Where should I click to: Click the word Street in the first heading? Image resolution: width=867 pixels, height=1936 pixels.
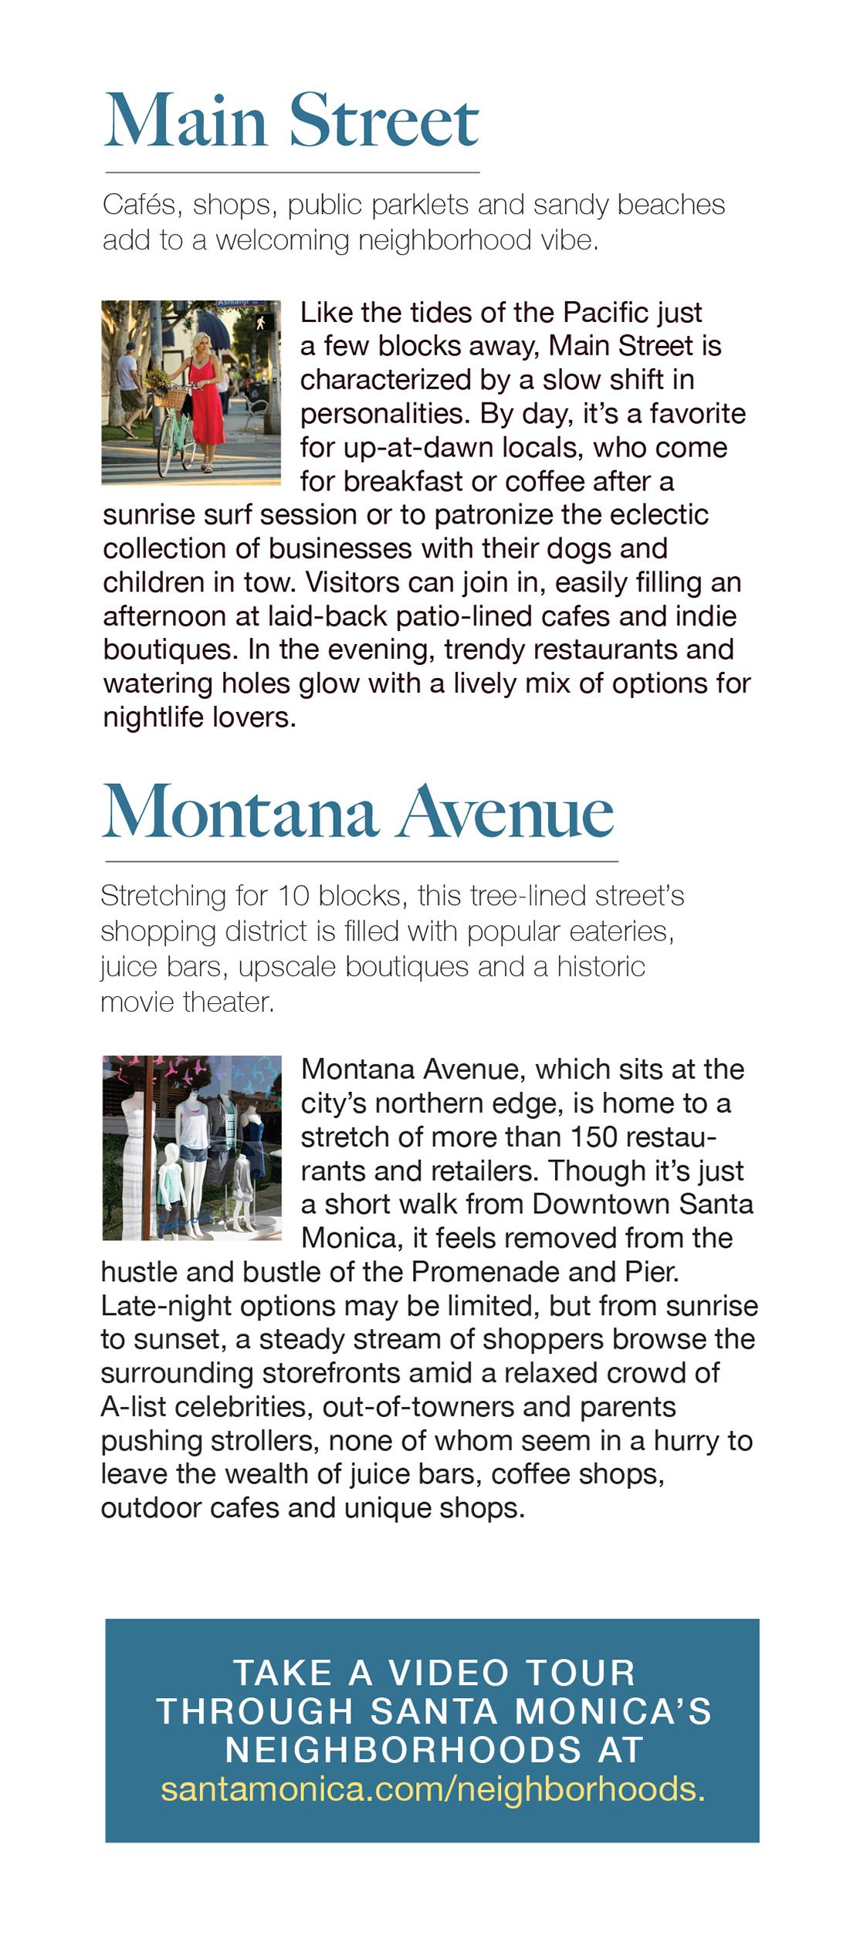(384, 121)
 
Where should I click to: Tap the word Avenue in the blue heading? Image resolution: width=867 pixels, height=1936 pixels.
(506, 812)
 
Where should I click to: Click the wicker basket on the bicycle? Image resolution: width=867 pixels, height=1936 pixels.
(171, 398)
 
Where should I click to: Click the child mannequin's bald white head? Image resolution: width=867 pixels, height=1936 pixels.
(171, 1153)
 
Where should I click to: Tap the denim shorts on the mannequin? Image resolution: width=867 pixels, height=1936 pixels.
(193, 1156)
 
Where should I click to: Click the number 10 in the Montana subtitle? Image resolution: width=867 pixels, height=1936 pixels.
(293, 897)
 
